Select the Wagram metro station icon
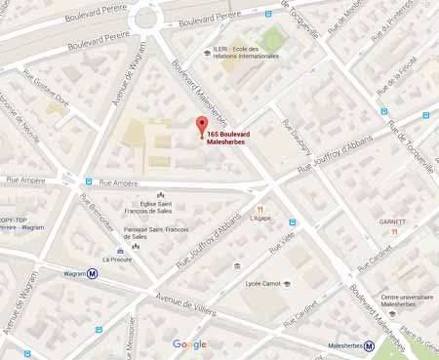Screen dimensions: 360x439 (x=93, y=274)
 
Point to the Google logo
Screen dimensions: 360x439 (x=189, y=344)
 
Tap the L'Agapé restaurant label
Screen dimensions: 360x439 (x=259, y=219)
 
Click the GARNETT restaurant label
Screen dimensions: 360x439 (x=392, y=221)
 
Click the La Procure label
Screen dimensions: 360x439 (x=118, y=260)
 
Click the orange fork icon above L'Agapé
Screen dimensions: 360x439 (x=259, y=208)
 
